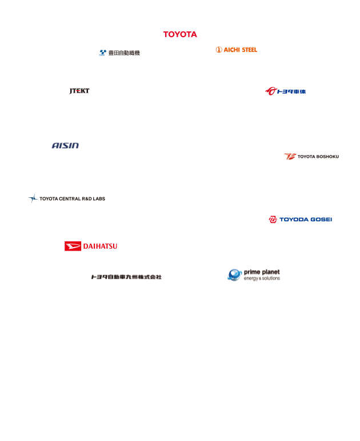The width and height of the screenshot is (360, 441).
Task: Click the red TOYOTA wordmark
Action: pyautogui.click(x=180, y=34)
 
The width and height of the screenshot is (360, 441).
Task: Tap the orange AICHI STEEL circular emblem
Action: pyautogui.click(x=219, y=50)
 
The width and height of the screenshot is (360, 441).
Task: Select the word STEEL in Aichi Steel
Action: pyautogui.click(x=250, y=50)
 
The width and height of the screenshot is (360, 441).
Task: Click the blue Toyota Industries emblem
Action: pyautogui.click(x=103, y=53)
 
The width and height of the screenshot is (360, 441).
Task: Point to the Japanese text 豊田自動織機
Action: pyautogui.click(x=124, y=53)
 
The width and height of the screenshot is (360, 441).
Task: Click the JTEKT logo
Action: pyautogui.click(x=79, y=91)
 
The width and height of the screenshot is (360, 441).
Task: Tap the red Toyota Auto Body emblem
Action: pyautogui.click(x=271, y=91)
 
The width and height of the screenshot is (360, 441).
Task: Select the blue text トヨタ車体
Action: pyautogui.click(x=291, y=92)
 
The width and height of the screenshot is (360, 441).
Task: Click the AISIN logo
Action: pyautogui.click(x=65, y=145)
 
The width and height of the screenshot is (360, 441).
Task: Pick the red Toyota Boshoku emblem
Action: pyautogui.click(x=290, y=156)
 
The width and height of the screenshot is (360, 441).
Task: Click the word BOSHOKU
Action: pyautogui.click(x=327, y=157)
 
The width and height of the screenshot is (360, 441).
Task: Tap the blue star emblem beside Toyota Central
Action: pyautogui.click(x=33, y=198)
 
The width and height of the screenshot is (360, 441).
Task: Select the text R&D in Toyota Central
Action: pyautogui.click(x=87, y=199)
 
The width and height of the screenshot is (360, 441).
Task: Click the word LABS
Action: pyautogui.click(x=99, y=199)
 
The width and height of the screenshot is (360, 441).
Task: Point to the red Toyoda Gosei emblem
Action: pyautogui.click(x=273, y=220)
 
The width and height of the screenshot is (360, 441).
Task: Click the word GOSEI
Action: pyautogui.click(x=322, y=220)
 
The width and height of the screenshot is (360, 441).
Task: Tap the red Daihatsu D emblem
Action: pyautogui.click(x=73, y=246)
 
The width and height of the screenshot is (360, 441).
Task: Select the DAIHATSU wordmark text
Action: pyautogui.click(x=101, y=247)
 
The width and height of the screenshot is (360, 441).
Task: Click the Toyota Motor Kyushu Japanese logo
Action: pyautogui.click(x=126, y=277)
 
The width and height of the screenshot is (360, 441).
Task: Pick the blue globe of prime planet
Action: pyautogui.click(x=235, y=275)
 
